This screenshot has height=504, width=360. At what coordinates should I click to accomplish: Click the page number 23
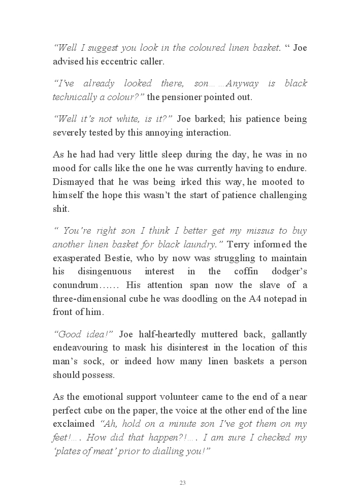pos(182,482)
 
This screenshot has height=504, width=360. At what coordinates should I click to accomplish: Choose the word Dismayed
pos(73,182)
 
